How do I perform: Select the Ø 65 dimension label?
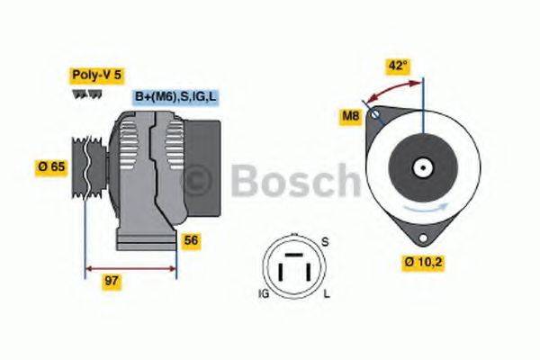pos(52,167)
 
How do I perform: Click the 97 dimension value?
pos(112,283)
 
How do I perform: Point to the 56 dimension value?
pos(190,240)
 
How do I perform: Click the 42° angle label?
pos(399,65)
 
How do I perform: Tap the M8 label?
pos(350,115)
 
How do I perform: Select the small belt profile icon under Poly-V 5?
pos(80,94)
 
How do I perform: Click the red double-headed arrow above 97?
pos(130,267)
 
